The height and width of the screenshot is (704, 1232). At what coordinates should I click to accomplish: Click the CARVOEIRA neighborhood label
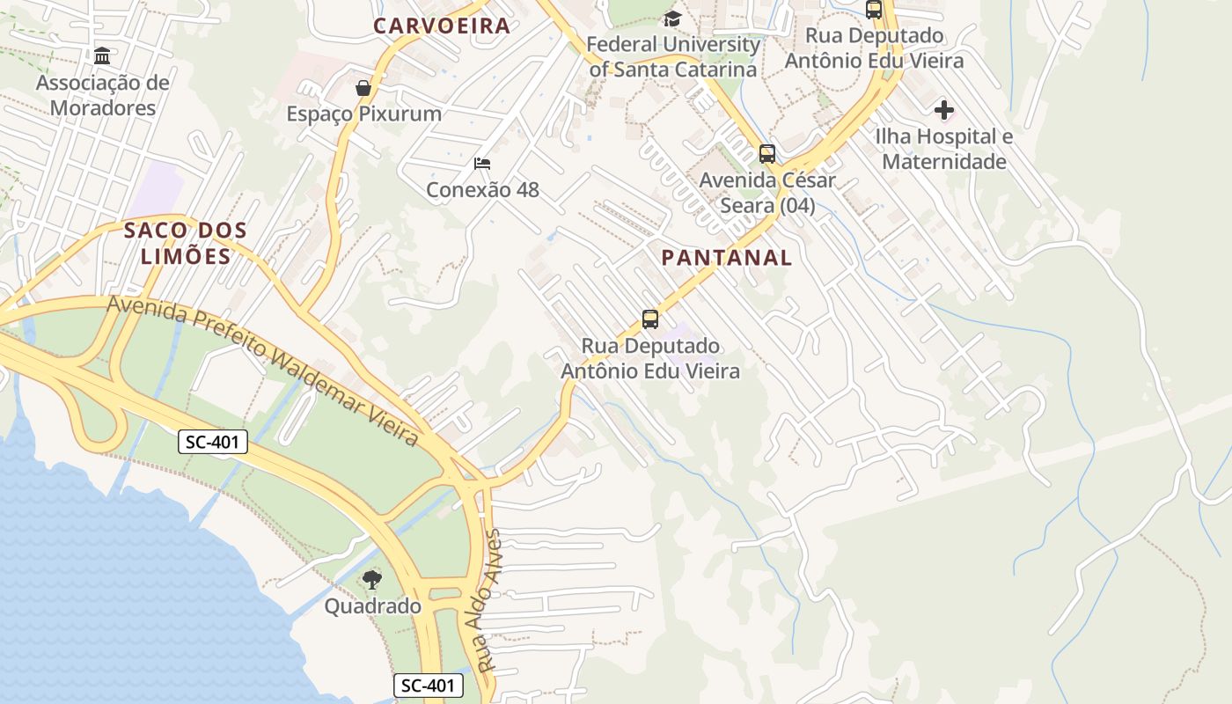point(442,26)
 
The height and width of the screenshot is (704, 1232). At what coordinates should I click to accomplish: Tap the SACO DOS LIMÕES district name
point(186,244)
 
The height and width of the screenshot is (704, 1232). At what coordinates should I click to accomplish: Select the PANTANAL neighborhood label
point(726,258)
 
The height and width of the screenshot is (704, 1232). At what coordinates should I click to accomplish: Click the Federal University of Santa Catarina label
point(673,56)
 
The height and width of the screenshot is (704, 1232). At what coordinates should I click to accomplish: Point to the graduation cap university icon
point(672,18)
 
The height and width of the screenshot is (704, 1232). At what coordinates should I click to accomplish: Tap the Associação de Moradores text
point(103,95)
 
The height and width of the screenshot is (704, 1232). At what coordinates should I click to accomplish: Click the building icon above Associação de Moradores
point(102,56)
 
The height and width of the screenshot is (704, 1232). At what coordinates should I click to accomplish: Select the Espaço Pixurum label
point(363,114)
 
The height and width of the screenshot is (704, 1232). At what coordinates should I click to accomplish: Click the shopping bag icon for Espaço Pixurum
point(363,88)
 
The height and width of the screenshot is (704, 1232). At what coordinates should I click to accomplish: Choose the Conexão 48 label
point(482,190)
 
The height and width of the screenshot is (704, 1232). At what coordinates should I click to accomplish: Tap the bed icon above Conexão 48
point(481,164)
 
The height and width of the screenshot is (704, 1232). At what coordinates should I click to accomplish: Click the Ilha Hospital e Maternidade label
point(944,149)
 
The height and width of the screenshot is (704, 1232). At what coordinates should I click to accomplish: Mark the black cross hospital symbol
point(944,110)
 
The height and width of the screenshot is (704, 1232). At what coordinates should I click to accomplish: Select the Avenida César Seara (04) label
point(767,193)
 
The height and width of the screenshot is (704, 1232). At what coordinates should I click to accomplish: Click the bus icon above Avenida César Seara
point(767,154)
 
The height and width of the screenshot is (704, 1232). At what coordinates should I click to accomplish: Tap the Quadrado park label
point(372,606)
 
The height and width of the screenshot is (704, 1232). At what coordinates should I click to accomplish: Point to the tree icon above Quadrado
point(372,580)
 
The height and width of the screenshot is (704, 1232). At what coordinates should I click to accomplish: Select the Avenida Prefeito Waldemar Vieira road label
point(262,370)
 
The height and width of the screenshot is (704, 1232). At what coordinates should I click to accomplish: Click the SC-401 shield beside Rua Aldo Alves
point(428,686)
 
